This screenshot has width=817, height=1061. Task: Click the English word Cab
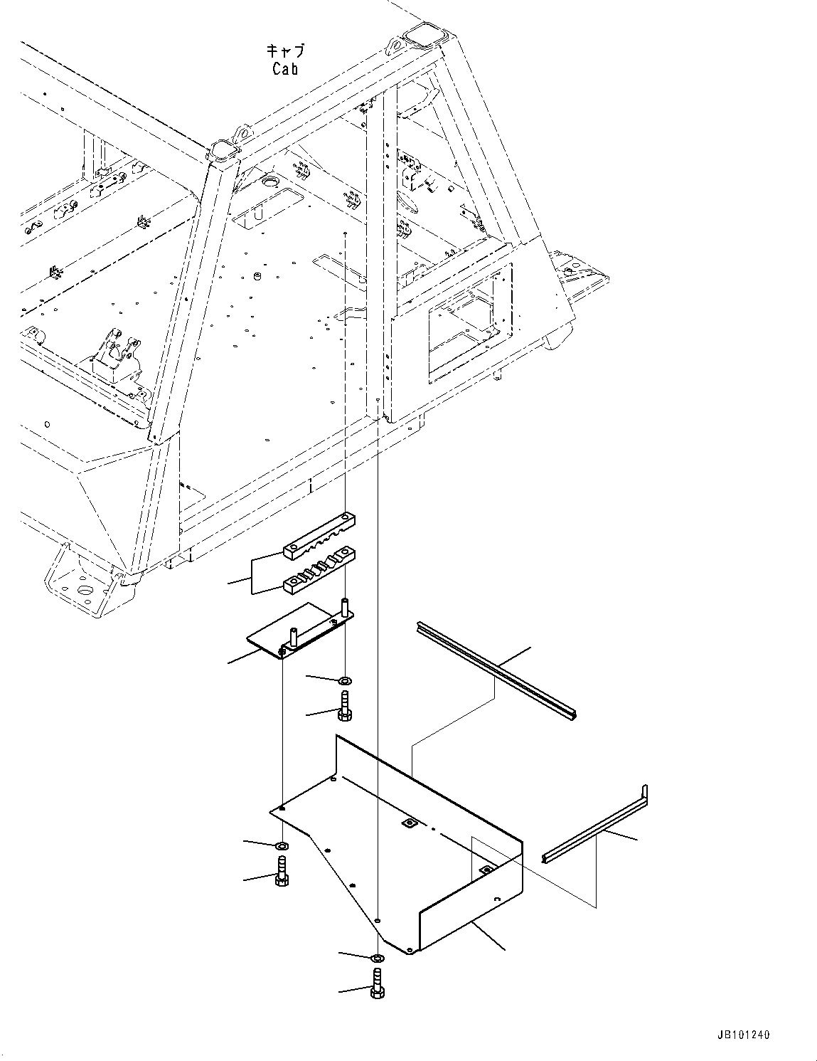(284, 69)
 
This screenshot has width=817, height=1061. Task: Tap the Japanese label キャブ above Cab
(285, 51)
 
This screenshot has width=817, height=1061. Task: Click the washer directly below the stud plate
(345, 681)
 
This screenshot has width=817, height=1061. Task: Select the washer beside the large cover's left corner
(282, 846)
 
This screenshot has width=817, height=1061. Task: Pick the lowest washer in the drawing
(377, 957)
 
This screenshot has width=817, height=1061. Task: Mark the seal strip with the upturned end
(597, 829)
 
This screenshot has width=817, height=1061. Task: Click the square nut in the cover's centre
(409, 823)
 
